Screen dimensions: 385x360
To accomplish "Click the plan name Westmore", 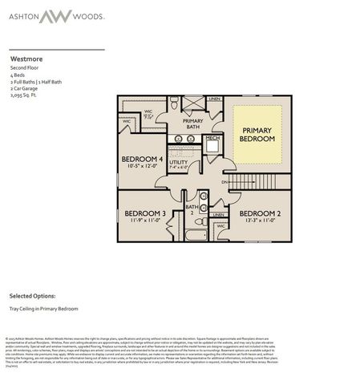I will click(x=26, y=59).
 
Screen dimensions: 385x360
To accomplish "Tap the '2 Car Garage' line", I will click(x=25, y=87).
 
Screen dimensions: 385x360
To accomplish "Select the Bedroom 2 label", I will click(x=259, y=213).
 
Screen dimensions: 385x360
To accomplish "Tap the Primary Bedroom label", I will click(x=257, y=134).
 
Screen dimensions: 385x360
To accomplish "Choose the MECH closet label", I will click(x=212, y=138).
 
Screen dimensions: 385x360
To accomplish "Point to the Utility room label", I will click(x=178, y=163).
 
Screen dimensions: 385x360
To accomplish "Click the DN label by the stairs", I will click(x=225, y=181).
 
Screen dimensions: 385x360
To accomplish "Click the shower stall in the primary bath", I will click(x=193, y=103).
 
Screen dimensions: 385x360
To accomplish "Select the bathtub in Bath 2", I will click(x=195, y=235).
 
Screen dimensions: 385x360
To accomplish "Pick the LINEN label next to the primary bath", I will click(x=214, y=99).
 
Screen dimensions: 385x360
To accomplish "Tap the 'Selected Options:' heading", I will click(x=31, y=295).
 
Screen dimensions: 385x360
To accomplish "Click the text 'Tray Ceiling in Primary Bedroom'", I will click(x=43, y=308).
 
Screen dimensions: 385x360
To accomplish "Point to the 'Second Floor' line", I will click(x=24, y=68).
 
